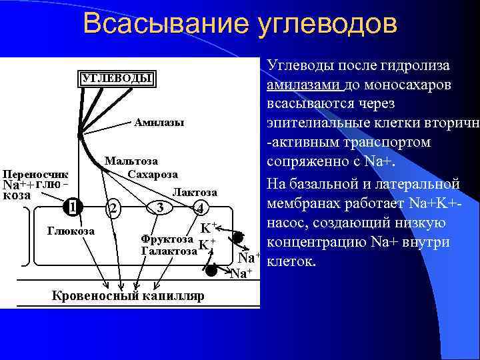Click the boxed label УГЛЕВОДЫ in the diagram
117,78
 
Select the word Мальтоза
131,161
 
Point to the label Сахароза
153,174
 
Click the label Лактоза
195,191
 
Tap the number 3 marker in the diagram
159,207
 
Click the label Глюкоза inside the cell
71,231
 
